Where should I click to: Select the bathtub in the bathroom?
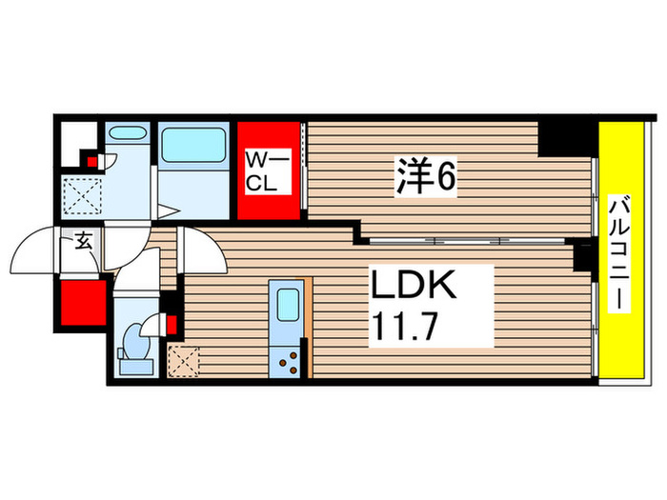[193, 146]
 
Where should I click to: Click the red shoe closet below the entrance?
[81, 303]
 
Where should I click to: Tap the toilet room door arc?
[135, 276]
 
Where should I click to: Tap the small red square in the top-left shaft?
[91, 161]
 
